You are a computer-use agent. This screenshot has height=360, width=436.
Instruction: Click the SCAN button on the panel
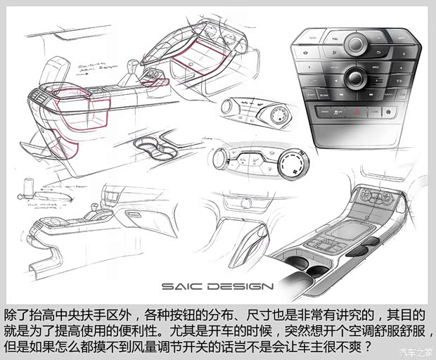coord(324,94)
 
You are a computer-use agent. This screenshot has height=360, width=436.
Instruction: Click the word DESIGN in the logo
coord(239,286)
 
